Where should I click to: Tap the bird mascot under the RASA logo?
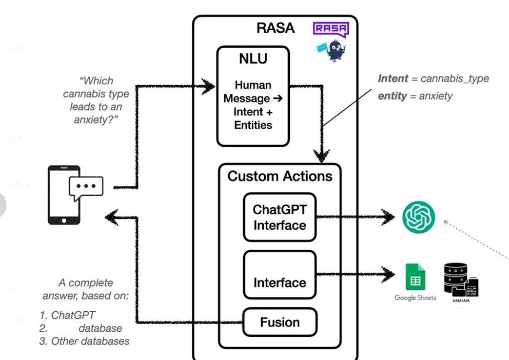pos(332,51)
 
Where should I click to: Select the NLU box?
pos(253,96)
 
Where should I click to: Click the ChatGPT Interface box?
pos(279,217)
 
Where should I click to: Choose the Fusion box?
pos(280,322)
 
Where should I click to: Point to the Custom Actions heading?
pos(280,176)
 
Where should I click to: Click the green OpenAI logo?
pos(419,217)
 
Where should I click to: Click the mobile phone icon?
pos(64,195)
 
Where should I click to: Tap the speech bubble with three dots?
pos(86,187)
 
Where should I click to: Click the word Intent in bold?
pos(393,78)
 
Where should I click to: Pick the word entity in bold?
pos(392,96)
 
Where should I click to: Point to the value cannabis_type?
pos(454,78)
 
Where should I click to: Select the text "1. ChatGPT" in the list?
pos(67,315)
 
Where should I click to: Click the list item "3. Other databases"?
pos(84,341)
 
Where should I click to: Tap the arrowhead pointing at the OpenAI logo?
pos(389,217)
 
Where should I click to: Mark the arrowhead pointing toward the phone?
pos(111,217)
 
